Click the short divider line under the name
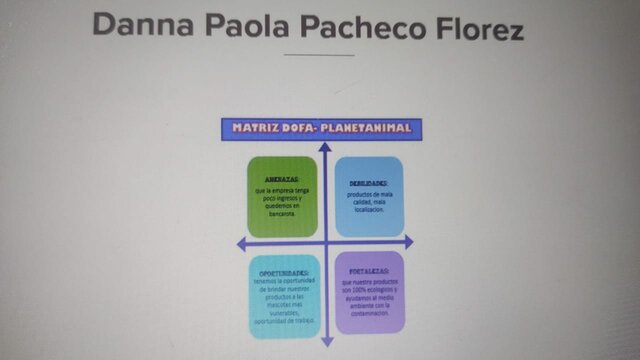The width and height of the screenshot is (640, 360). coord(319,55)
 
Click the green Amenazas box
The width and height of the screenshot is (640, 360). coord(283,196)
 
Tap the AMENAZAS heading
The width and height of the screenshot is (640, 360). coord(283,179)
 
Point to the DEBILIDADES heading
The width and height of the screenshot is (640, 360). coord(368,183)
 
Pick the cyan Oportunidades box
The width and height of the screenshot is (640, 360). coord(284,296)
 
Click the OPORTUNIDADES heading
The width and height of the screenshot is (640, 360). coord(284,272)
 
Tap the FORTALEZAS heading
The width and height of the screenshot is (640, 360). coord(369,271)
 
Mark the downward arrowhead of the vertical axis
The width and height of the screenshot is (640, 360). coord(325,342)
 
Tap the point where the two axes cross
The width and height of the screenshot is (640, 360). coord(324,243)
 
